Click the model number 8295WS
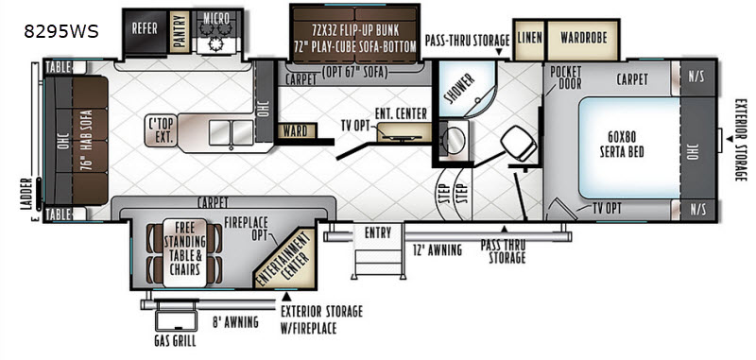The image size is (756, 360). [61, 31]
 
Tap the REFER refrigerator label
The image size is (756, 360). [145, 28]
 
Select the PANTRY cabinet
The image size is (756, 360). [180, 31]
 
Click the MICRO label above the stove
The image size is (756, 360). [216, 18]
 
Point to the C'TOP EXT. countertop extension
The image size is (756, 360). [162, 130]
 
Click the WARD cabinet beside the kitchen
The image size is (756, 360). [297, 130]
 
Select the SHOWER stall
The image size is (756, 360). [463, 89]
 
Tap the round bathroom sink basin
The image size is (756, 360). [454, 139]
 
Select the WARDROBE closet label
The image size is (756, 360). [582, 37]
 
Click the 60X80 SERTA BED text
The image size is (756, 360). [622, 144]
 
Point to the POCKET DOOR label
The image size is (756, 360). [565, 77]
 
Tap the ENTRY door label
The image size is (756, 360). [377, 233]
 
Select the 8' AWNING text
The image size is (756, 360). [235, 321]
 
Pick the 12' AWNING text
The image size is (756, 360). [438, 249]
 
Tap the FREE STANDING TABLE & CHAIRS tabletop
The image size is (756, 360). [184, 252]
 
